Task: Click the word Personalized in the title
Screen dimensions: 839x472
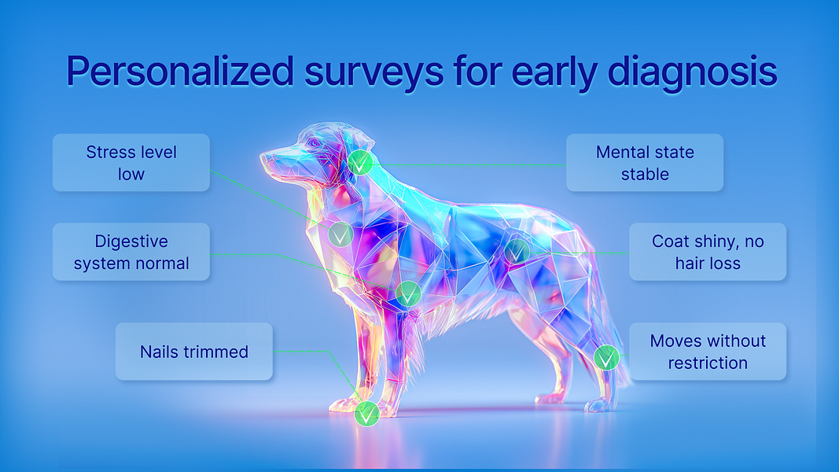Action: pyautogui.click(x=180, y=71)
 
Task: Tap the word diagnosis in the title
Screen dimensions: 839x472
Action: pyautogui.click(x=692, y=71)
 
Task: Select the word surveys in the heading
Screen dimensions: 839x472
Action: pyautogui.click(x=374, y=75)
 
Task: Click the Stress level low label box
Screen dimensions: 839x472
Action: pyautogui.click(x=131, y=163)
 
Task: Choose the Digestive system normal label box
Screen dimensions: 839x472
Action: pyautogui.click(x=131, y=252)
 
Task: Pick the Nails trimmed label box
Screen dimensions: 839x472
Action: pyautogui.click(x=193, y=351)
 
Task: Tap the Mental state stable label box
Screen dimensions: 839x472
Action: pyautogui.click(x=645, y=163)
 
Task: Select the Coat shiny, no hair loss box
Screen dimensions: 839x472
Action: pyautogui.click(x=708, y=252)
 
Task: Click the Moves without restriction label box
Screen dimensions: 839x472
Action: pyautogui.click(x=708, y=351)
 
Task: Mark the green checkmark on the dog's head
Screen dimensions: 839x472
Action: pyautogui.click(x=360, y=162)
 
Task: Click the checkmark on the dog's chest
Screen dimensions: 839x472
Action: pyautogui.click(x=340, y=234)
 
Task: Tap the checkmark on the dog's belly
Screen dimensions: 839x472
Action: pyautogui.click(x=408, y=293)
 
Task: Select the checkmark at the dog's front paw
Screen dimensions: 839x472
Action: pyautogui.click(x=367, y=414)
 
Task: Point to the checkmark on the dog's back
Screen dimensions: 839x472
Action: pyautogui.click(x=517, y=251)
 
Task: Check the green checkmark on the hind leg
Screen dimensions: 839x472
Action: pyautogui.click(x=606, y=357)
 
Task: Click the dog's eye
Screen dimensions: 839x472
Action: pyautogui.click(x=314, y=143)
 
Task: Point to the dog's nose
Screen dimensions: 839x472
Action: pyautogui.click(x=263, y=156)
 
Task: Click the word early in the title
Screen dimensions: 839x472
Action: pyautogui.click(x=550, y=74)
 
